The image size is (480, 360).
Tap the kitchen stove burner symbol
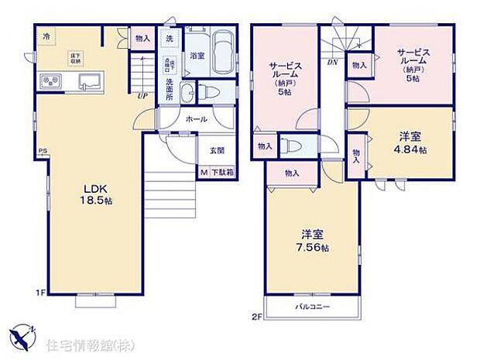tap(52, 80)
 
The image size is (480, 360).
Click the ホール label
tap(195, 120)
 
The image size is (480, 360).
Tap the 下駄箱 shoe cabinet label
tap(219, 173)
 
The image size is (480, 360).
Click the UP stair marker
tap(143, 96)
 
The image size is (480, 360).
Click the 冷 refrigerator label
tap(46, 36)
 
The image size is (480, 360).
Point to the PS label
tap(41, 153)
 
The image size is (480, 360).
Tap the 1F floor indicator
tap(40, 293)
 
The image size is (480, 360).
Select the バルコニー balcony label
tap(313, 307)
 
